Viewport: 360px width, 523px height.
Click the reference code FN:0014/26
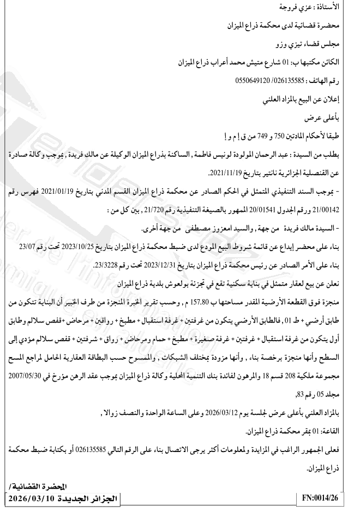tap(322, 498)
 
